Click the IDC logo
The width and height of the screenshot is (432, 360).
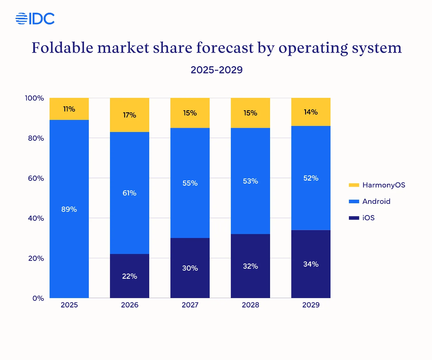tap(35, 19)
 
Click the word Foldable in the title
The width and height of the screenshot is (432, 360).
tap(62, 48)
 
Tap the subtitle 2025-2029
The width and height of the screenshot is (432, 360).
tap(216, 70)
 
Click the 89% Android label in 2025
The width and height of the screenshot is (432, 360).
tap(69, 209)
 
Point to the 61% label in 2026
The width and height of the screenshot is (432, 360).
tap(130, 193)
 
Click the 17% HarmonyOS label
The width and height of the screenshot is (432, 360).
tap(130, 115)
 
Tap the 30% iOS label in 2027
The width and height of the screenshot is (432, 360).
tap(190, 268)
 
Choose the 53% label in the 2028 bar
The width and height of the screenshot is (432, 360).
tap(250, 181)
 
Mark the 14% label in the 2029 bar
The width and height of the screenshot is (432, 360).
tap(311, 112)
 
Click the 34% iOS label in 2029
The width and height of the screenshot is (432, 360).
tap(311, 264)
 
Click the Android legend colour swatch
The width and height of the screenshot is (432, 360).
tap(354, 201)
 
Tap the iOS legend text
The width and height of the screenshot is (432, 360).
tap(368, 218)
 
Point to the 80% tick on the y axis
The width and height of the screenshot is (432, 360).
tap(36, 138)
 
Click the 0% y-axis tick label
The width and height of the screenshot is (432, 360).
tap(38, 298)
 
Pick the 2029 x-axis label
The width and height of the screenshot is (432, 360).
tap(311, 305)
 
